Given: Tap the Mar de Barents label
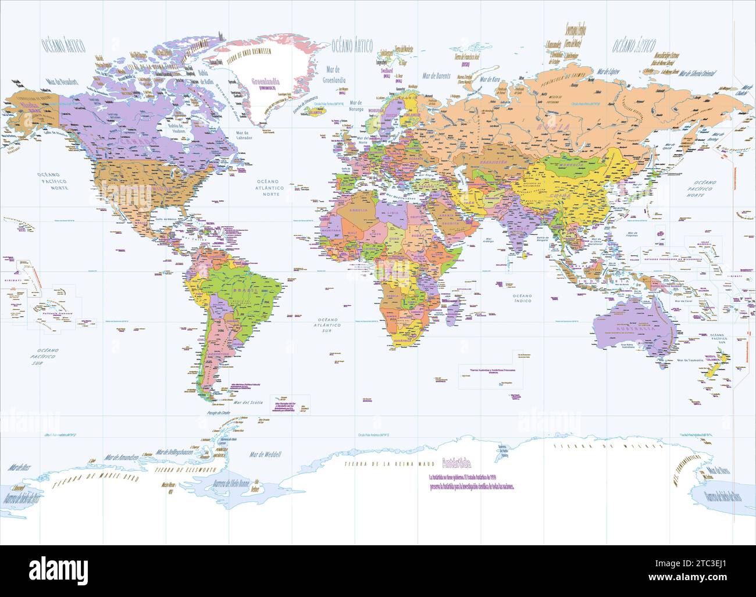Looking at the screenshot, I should pos(437,76).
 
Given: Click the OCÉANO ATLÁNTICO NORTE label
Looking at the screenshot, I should pos(269,187).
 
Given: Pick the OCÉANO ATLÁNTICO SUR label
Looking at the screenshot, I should pos(329,329).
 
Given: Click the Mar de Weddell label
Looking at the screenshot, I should pos(265,454).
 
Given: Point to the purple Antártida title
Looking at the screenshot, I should pos(457,464).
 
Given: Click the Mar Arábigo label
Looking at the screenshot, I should pos(488,240).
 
